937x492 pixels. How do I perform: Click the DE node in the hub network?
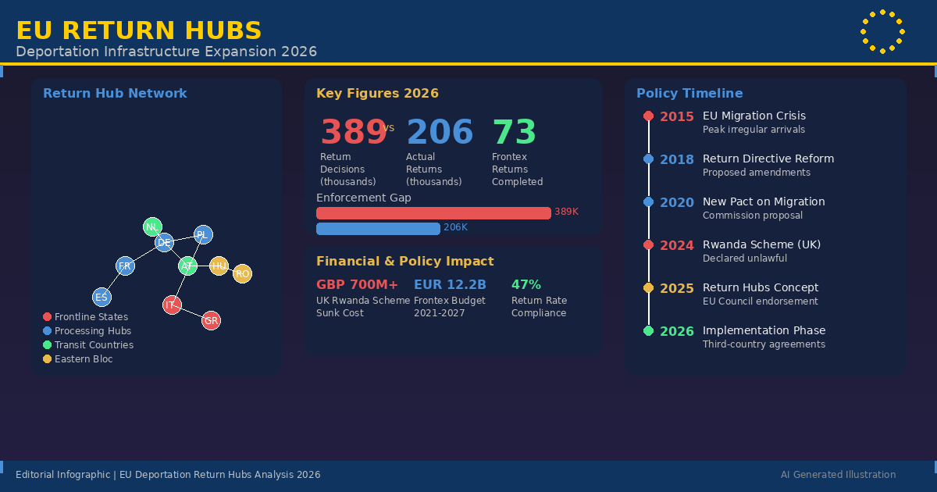(x=164, y=243)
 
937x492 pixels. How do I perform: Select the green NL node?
(x=152, y=227)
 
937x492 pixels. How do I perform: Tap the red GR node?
(x=211, y=321)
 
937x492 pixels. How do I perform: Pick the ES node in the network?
(x=102, y=298)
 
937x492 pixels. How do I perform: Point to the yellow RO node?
(x=242, y=274)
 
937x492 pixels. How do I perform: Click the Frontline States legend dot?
(x=47, y=317)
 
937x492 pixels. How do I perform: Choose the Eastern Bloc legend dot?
(x=47, y=359)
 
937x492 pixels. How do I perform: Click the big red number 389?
(x=354, y=132)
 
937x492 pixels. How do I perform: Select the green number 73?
(x=514, y=132)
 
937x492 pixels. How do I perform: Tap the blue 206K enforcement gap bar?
(x=378, y=229)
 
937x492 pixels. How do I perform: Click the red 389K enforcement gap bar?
(x=433, y=213)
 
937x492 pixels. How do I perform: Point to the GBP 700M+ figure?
(x=357, y=285)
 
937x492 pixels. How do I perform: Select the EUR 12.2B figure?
(x=450, y=285)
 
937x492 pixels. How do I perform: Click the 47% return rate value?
(x=526, y=285)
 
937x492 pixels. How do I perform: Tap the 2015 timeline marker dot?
(x=648, y=116)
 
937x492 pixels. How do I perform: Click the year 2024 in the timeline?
(x=676, y=245)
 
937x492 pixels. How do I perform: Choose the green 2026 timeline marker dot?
(x=648, y=331)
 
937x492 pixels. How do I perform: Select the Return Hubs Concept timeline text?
(x=761, y=288)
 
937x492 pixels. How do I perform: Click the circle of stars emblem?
(x=882, y=32)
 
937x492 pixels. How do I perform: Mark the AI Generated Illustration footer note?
(x=838, y=475)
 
